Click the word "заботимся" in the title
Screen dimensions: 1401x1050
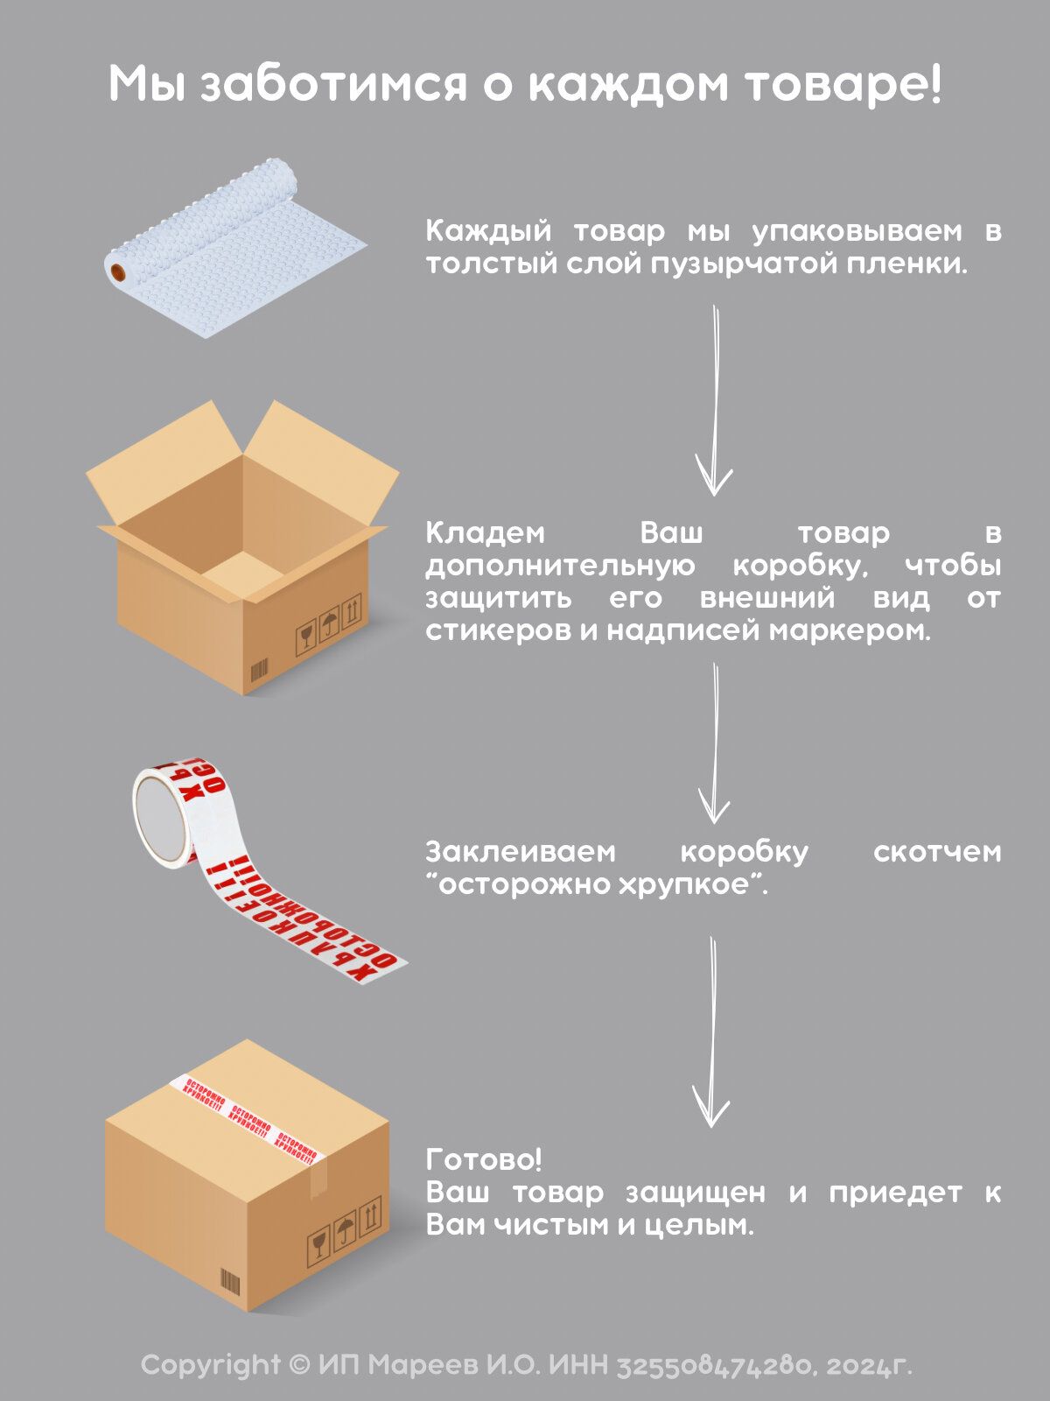pyautogui.click(x=333, y=86)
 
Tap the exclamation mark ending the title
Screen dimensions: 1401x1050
pyautogui.click(x=935, y=84)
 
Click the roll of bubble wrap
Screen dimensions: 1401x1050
pyautogui.click(x=236, y=250)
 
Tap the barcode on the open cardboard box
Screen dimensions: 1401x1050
pyautogui.click(x=259, y=672)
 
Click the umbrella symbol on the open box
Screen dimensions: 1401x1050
pyautogui.click(x=329, y=625)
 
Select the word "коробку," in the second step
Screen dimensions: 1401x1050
pyautogui.click(x=800, y=566)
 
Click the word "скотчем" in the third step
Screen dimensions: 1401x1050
pyautogui.click(x=937, y=851)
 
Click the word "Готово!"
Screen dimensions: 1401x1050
pyautogui.click(x=484, y=1159)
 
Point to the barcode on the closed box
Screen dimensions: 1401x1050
pyautogui.click(x=229, y=1284)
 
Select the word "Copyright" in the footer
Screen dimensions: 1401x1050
pyautogui.click(x=211, y=1364)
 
